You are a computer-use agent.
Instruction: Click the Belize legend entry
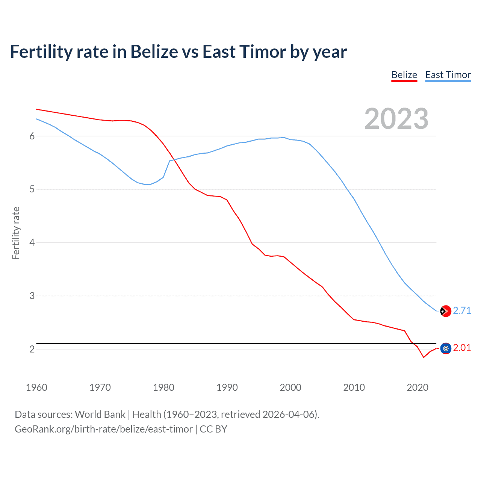click(404, 75)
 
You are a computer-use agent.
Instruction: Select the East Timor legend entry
click(448, 75)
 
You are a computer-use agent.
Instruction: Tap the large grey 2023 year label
click(396, 119)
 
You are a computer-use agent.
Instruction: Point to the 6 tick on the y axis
click(32, 136)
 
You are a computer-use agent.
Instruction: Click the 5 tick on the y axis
click(32, 189)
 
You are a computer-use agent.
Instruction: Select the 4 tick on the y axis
click(32, 243)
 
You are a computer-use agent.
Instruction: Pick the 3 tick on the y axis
click(32, 296)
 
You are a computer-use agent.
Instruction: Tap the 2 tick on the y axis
click(32, 349)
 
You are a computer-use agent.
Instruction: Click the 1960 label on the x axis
click(36, 387)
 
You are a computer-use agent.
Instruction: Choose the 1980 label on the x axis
click(163, 387)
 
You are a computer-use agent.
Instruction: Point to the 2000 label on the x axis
click(290, 387)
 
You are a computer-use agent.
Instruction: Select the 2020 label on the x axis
click(417, 387)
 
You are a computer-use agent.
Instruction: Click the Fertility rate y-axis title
click(16, 233)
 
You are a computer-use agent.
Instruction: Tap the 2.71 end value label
click(462, 310)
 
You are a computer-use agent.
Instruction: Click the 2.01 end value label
click(462, 348)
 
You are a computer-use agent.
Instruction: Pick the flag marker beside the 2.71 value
click(445, 311)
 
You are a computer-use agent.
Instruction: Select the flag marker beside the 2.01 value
click(445, 349)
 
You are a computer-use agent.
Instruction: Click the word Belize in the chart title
click(154, 51)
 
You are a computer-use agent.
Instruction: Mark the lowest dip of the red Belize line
click(424, 357)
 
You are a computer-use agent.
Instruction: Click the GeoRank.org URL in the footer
click(104, 429)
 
